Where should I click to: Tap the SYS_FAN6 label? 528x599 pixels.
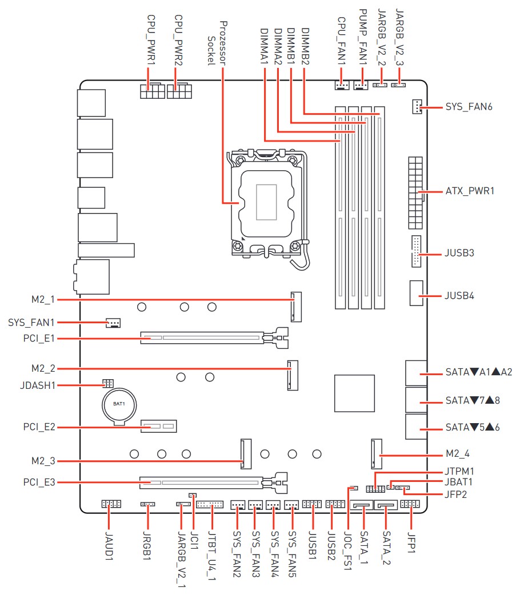coord(469,107)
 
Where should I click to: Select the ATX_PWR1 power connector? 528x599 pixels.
coord(416,191)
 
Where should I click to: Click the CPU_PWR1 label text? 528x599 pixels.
coord(151,40)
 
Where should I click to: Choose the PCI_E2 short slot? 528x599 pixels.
coord(160,427)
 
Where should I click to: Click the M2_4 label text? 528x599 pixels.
coord(458,455)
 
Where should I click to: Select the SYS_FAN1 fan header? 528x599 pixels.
coord(113,323)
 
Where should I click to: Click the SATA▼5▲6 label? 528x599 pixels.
coord(472,427)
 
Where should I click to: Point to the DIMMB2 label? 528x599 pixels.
coord(305,46)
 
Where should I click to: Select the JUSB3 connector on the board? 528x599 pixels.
coord(415,252)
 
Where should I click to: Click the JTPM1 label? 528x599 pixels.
coord(459,472)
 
